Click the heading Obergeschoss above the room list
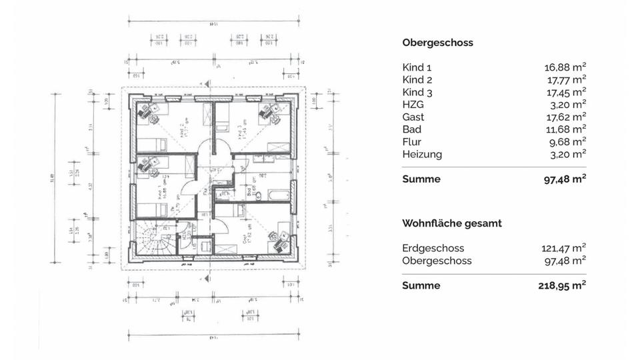[x=437, y=43]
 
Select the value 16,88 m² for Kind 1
[x=565, y=67]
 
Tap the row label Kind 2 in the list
[x=417, y=80]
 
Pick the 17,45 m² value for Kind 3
[x=565, y=92]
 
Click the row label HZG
[x=413, y=105]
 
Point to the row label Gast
[x=413, y=117]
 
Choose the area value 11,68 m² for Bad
[x=565, y=129]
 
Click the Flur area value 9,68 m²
[x=567, y=141]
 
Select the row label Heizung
[x=422, y=154]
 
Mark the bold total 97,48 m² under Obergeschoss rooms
[x=565, y=179]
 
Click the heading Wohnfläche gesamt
[x=452, y=223]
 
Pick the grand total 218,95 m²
[x=562, y=285]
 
